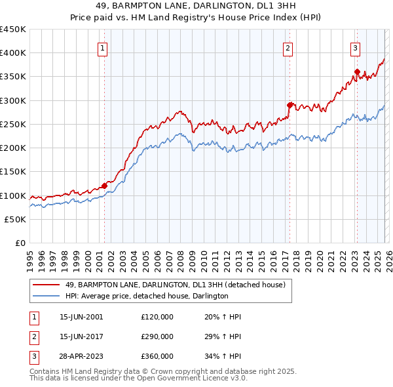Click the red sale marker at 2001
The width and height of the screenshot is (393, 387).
pos(104,186)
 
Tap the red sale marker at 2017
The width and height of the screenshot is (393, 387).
pos(289,104)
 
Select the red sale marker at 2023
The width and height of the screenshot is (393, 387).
pos(357,71)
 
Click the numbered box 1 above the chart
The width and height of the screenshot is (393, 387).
pos(103,48)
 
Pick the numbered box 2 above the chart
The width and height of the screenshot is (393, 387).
pos(288,48)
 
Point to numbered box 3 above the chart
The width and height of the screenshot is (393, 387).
pos(355,48)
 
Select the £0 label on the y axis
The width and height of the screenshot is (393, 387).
pos(20,243)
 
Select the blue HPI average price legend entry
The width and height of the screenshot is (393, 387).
pos(147,296)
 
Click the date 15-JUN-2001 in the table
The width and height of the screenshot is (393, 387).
pos(81,317)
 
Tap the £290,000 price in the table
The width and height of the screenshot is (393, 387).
pos(157,336)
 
